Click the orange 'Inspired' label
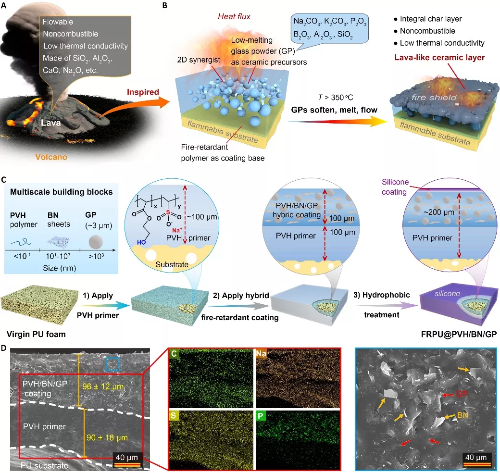point(143,92)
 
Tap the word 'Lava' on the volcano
point(50,123)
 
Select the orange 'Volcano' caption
point(51,157)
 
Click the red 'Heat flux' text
point(234,16)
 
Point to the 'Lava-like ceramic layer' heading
point(439,57)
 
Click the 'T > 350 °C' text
point(336,98)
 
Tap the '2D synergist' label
point(199,60)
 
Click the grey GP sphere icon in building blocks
point(96,242)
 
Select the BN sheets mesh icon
point(58,242)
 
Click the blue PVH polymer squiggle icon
point(21,243)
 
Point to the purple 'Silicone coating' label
point(395,187)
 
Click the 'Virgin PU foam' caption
point(36,334)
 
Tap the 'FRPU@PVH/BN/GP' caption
point(459,334)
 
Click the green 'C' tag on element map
point(174,353)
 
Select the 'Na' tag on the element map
point(261,353)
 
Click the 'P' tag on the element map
point(260,416)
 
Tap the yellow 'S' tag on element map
point(174,416)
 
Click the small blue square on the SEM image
point(112,364)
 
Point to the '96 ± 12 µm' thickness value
point(103,386)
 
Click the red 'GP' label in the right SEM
point(462,394)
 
